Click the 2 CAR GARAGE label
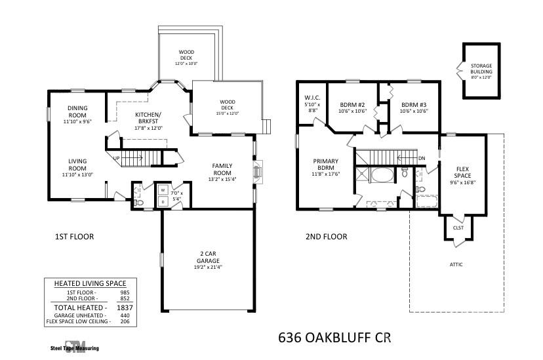208,257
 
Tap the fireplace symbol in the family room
258,172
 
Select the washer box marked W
163,190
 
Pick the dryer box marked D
163,201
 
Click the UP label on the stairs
117,158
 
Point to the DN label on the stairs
422,158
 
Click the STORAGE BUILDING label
481,69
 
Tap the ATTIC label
456,264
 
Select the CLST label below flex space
458,228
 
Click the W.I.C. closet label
312,98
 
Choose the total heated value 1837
125,308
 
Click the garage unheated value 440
125,315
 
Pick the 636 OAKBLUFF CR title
334,338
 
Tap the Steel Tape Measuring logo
75,346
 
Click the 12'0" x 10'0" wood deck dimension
186,64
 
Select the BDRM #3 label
414,104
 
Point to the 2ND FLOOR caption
326,237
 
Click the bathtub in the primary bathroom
383,175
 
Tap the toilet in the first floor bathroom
138,203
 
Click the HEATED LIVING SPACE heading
90,283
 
